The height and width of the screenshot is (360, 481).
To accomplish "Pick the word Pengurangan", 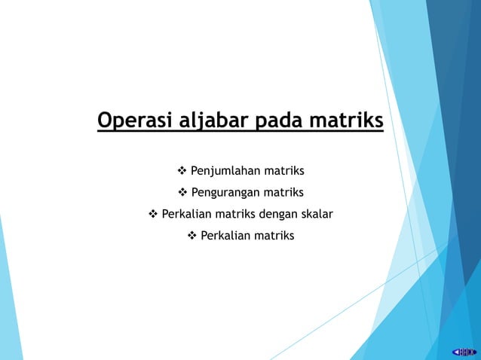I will (223, 192).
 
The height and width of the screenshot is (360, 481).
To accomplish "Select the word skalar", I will (315, 214).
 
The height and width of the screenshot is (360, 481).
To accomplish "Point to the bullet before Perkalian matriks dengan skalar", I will (153, 214).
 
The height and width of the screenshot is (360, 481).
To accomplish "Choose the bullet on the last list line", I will (191, 236).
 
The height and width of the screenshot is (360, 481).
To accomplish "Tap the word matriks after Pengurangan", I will (282, 192).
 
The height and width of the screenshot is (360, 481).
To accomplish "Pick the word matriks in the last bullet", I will (274, 236).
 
